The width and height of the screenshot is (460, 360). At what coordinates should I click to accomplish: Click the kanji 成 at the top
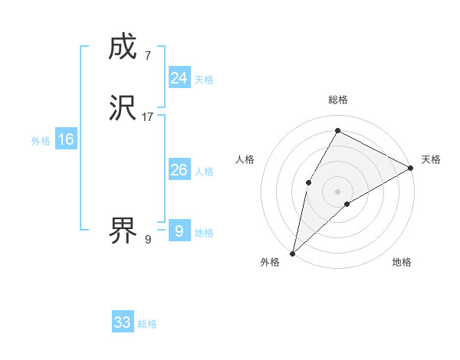(123, 47)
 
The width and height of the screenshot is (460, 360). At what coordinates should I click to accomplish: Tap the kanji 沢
(123, 108)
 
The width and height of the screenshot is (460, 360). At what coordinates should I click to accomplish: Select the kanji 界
(123, 230)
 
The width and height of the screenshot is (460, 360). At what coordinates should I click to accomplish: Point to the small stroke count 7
(147, 55)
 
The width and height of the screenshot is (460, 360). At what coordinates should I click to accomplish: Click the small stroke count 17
(148, 116)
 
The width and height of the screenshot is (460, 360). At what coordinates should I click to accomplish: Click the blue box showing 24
(179, 77)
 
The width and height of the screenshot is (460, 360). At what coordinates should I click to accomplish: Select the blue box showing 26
(179, 170)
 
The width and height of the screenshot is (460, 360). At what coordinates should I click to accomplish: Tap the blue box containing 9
(179, 231)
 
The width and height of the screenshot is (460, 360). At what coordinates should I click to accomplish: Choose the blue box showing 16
(65, 139)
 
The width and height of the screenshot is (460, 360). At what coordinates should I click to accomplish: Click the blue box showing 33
(122, 322)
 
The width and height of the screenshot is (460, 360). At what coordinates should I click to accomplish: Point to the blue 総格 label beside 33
(147, 324)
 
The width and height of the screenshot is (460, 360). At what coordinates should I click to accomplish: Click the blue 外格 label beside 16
(41, 141)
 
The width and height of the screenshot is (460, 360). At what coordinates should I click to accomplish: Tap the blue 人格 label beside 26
(204, 172)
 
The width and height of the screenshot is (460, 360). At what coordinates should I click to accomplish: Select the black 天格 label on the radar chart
(431, 159)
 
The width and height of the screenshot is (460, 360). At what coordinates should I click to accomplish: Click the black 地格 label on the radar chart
(402, 263)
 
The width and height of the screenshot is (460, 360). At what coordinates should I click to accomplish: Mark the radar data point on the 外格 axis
(292, 253)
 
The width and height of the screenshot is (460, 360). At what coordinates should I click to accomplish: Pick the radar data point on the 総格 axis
(337, 130)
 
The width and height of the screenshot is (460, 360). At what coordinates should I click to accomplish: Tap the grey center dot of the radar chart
(337, 191)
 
